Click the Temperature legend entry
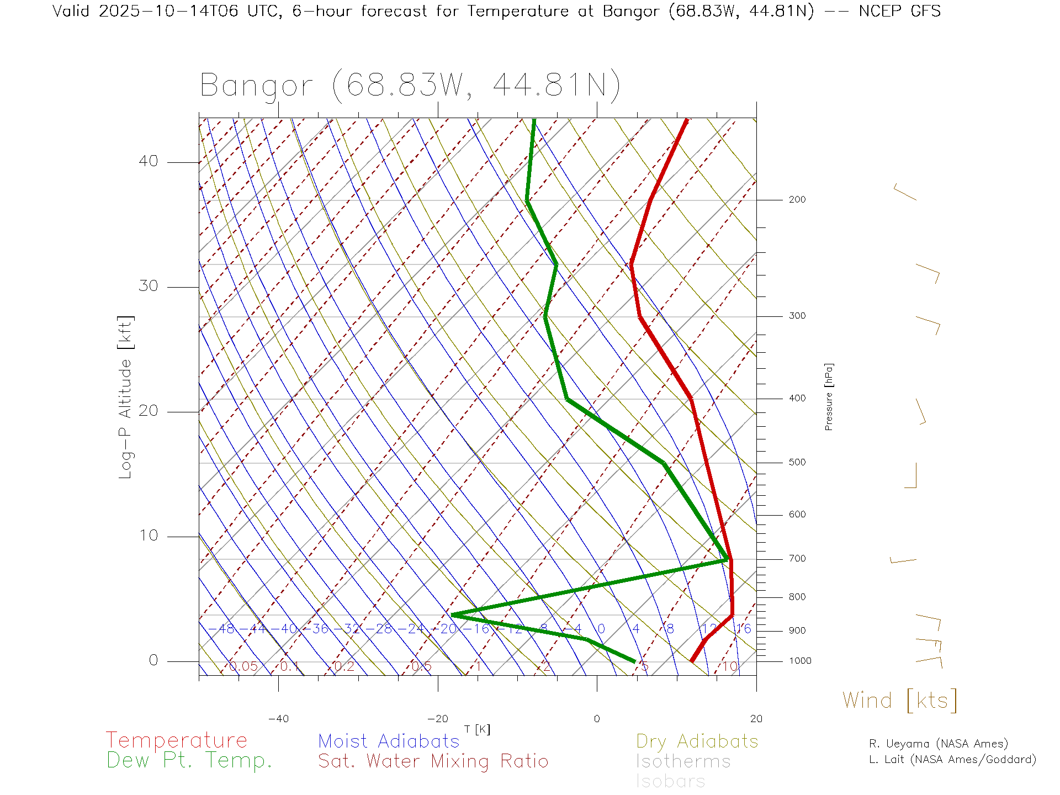(x=176, y=740)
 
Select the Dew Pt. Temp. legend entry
(x=189, y=761)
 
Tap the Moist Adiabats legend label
(x=389, y=741)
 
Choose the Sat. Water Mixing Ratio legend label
(x=433, y=761)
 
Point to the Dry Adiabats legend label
(x=697, y=741)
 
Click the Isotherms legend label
(x=683, y=762)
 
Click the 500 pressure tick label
(x=797, y=463)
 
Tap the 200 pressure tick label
(x=797, y=200)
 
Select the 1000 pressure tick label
(x=800, y=661)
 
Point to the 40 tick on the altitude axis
(x=148, y=161)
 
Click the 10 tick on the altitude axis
(x=148, y=536)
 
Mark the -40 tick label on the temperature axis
(x=278, y=719)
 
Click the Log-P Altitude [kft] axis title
(x=126, y=397)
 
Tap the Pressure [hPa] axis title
(x=829, y=397)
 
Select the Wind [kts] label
(x=900, y=701)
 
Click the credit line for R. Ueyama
(x=938, y=744)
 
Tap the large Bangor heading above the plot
(x=410, y=86)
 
